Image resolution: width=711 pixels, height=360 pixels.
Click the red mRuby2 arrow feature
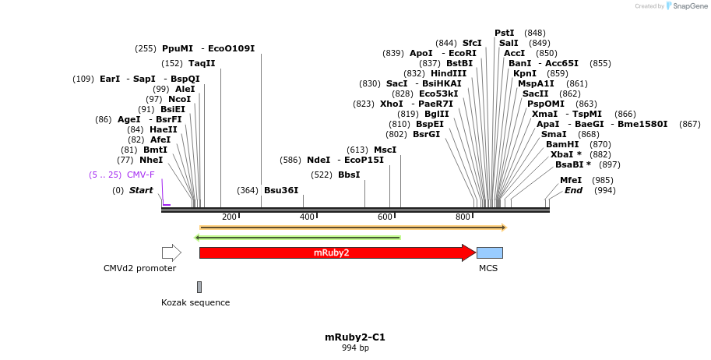tap(335, 252)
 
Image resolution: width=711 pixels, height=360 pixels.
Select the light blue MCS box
tap(489, 252)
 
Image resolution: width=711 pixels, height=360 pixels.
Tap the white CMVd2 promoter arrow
tap(171, 252)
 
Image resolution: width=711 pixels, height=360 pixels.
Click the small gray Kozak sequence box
tap(199, 287)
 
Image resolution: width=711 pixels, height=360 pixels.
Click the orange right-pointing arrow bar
tap(353, 228)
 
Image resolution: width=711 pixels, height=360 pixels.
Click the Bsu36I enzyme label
tap(281, 190)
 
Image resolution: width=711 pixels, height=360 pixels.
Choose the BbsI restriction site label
tap(349, 175)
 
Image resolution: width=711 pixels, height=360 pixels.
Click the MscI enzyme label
tap(385, 150)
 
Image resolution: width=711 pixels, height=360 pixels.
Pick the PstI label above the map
tap(504, 33)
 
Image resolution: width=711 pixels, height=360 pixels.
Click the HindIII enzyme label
tap(449, 73)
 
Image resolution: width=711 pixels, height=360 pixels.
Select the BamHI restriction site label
tap(561, 144)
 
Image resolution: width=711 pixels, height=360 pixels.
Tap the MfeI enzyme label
tap(571, 180)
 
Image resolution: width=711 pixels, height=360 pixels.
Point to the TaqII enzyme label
tap(202, 63)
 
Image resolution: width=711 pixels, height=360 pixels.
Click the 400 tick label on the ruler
tap(308, 216)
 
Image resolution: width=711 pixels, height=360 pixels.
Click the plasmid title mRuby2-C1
tap(355, 337)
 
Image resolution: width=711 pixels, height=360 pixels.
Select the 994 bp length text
tap(355, 348)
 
